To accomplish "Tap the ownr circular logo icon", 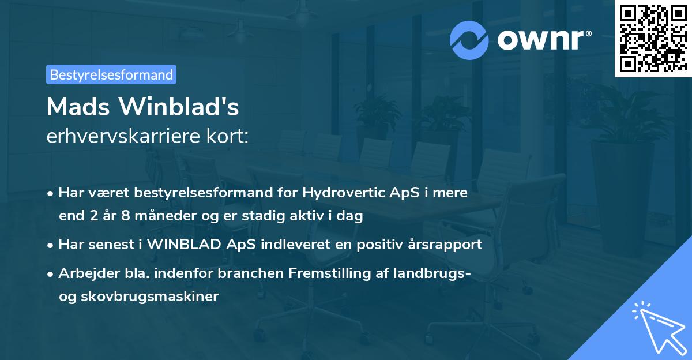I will [x=469, y=40].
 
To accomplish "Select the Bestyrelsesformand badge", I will [x=111, y=74].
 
